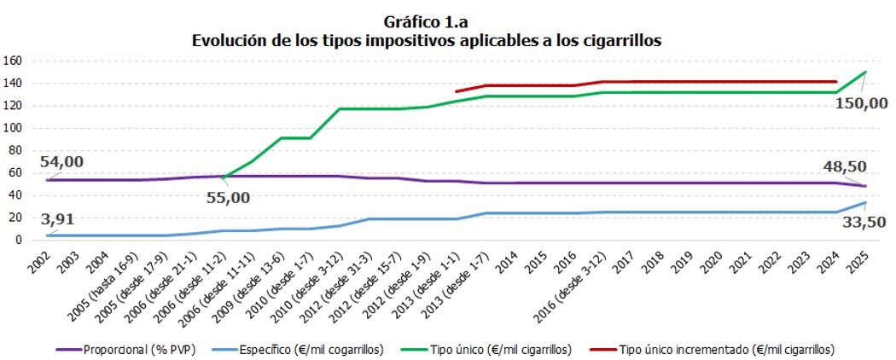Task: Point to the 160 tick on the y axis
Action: click(x=13, y=61)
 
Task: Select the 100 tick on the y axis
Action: click(x=13, y=128)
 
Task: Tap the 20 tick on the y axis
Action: click(x=15, y=218)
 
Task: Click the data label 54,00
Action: click(x=65, y=162)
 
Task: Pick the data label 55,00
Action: click(x=230, y=197)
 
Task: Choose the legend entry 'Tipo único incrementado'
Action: click(x=726, y=350)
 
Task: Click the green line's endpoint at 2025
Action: click(x=865, y=73)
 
